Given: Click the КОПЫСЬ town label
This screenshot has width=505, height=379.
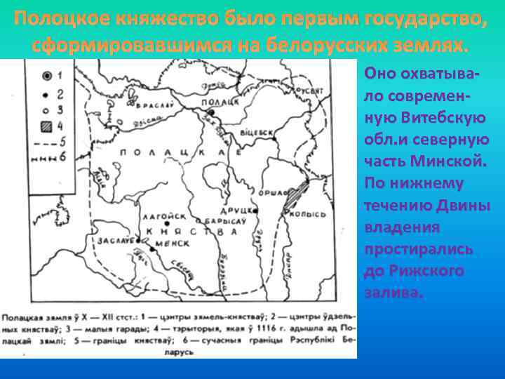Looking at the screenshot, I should tap(313, 213).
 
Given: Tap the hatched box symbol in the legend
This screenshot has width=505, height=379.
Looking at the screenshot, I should tap(47, 127).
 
